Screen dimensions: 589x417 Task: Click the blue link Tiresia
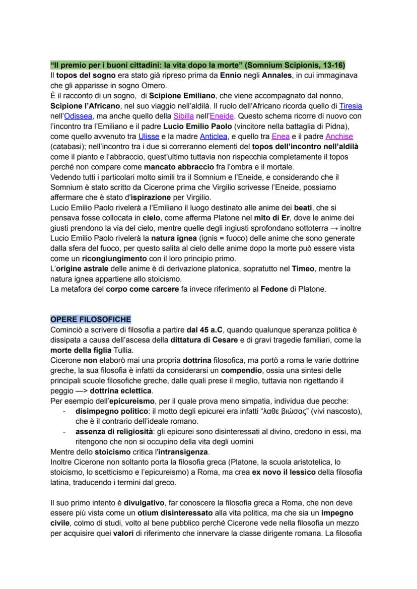point(351,106)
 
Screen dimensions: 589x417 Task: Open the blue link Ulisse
point(149,136)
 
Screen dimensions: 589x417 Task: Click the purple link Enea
point(280,136)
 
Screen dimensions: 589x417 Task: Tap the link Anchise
point(339,136)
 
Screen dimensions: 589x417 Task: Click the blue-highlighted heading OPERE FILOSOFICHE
point(91,319)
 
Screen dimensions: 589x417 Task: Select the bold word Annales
point(276,76)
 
